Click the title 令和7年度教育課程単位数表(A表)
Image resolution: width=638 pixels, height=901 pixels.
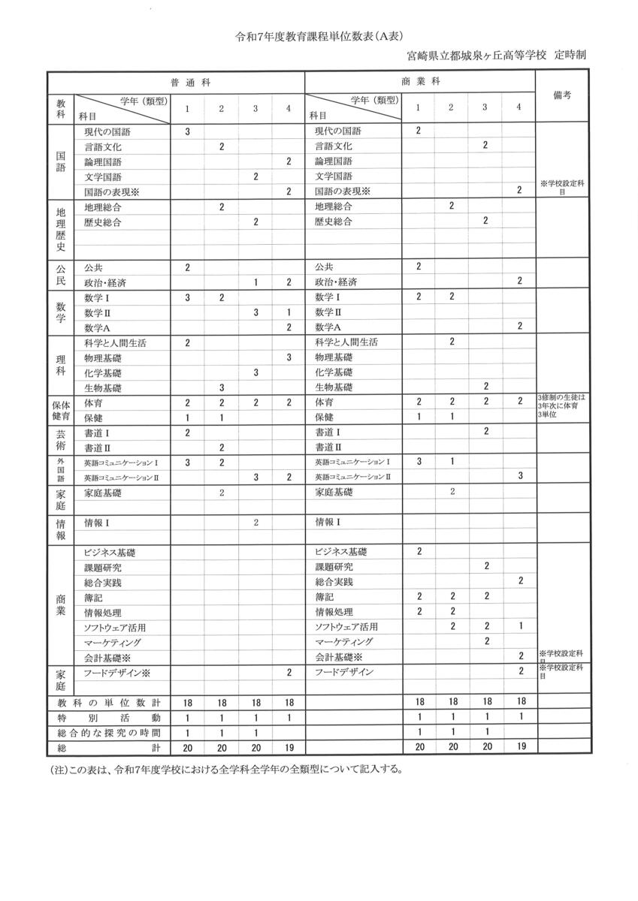[x=319, y=35]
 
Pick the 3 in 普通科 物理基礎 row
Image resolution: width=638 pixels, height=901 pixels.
[x=289, y=357]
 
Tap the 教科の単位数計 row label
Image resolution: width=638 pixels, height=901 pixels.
[x=110, y=703]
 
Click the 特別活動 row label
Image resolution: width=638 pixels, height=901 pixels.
[x=110, y=718]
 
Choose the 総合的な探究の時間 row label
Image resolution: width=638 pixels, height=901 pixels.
[x=110, y=733]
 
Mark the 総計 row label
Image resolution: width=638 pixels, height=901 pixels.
[x=110, y=748]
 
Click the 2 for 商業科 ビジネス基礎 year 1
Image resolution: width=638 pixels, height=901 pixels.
[x=419, y=552]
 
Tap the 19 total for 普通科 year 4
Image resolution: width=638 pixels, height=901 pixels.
[x=289, y=748]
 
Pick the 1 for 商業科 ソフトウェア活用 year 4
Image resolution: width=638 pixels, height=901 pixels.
[x=520, y=626]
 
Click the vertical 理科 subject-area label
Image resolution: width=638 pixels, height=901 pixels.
[x=62, y=365]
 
